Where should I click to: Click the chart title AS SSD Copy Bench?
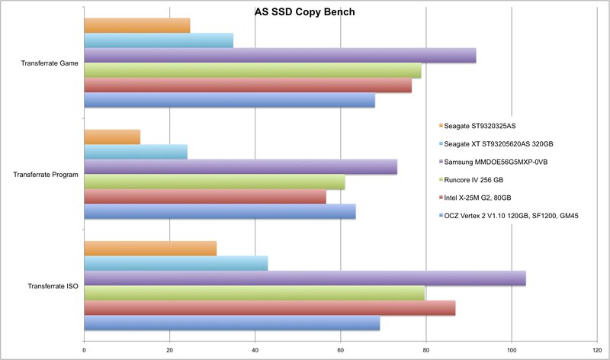click(304, 12)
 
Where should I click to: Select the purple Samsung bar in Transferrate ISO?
click(304, 278)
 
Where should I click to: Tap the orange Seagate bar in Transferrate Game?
click(136, 26)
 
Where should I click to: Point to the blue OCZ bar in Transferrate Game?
click(229, 100)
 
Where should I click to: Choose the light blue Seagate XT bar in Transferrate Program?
click(135, 152)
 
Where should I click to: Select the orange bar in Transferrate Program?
click(111, 137)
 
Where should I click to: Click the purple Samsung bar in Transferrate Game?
click(279, 56)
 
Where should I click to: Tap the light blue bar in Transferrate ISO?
click(175, 263)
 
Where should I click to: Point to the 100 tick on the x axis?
click(511, 351)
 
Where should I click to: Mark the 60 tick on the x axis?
click(340, 351)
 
